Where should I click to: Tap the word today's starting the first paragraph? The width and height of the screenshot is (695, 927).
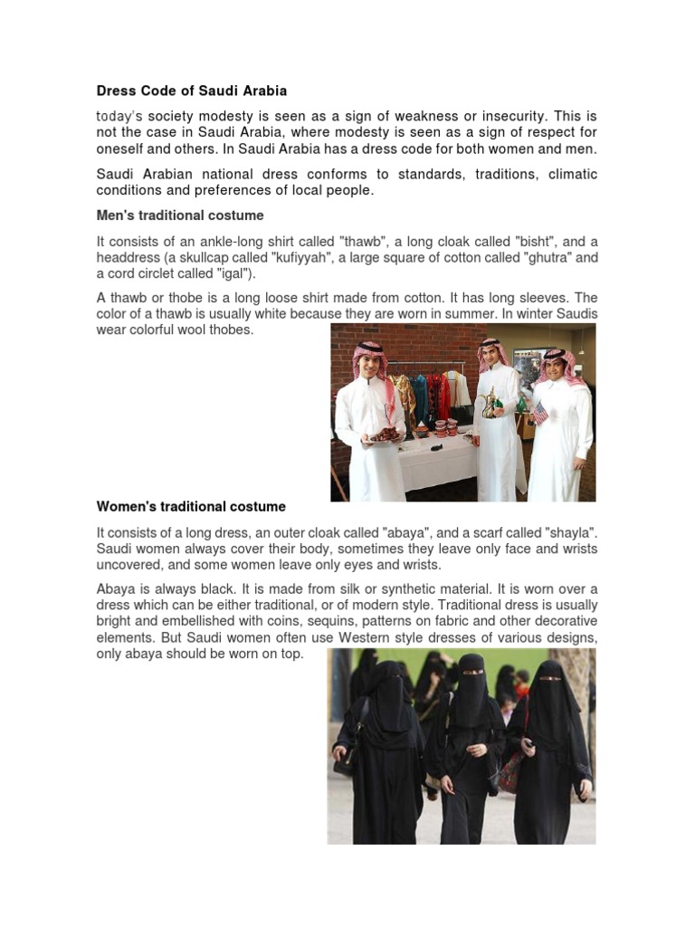(x=120, y=117)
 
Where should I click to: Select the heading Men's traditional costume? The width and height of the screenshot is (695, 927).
(x=180, y=215)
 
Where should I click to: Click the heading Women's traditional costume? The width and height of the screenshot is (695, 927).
(x=191, y=507)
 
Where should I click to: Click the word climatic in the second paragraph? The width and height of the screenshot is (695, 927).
(x=572, y=174)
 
